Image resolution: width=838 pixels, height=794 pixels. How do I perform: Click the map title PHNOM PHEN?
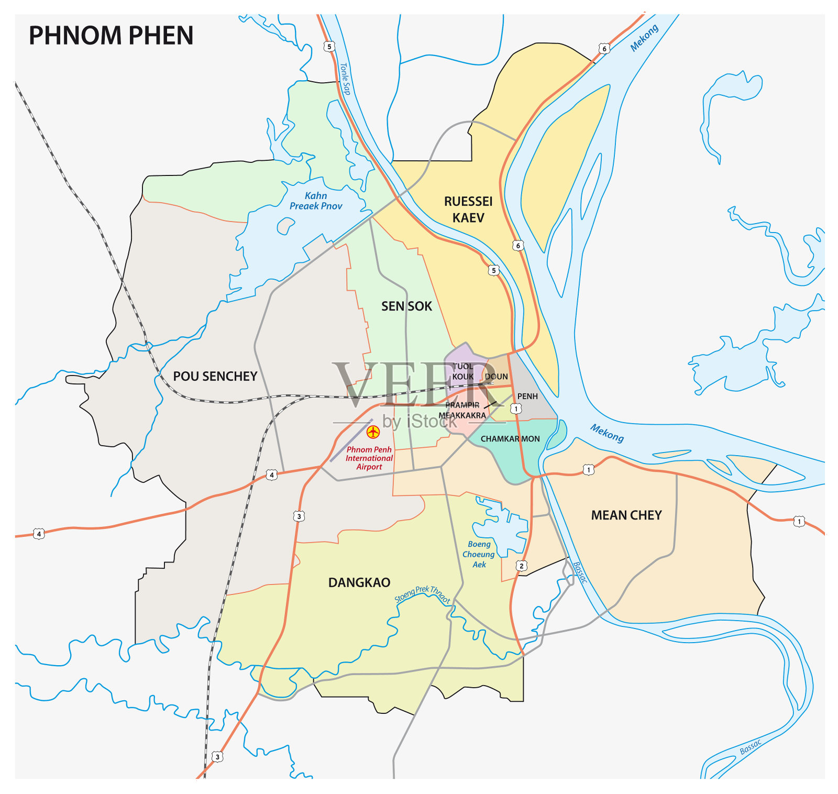(x=111, y=36)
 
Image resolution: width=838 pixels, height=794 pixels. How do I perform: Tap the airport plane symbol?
(x=373, y=432)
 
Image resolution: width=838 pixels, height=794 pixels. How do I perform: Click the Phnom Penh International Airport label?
(x=369, y=458)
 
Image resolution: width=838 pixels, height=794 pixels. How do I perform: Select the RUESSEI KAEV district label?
(x=468, y=209)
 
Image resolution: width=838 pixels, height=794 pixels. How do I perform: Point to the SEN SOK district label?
(x=406, y=306)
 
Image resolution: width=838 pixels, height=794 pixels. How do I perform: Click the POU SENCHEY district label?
(x=215, y=376)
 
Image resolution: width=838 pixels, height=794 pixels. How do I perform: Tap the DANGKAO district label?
(x=359, y=582)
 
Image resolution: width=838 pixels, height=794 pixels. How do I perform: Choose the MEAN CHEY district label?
(x=626, y=515)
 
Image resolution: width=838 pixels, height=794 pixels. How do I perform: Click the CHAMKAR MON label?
(x=510, y=439)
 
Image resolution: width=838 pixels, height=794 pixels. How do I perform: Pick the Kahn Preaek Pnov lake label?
(x=316, y=201)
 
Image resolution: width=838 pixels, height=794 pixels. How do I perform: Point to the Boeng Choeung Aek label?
(x=479, y=554)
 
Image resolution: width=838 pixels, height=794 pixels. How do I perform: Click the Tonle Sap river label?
(x=345, y=79)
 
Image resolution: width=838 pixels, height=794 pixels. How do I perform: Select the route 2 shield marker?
(x=521, y=566)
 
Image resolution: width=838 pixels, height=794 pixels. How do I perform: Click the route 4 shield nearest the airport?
(x=271, y=475)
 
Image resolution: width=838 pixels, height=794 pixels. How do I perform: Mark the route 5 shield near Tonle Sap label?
(x=329, y=47)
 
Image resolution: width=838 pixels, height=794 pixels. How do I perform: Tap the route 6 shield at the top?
(x=604, y=49)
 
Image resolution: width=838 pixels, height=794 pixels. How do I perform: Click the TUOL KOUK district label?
(x=463, y=371)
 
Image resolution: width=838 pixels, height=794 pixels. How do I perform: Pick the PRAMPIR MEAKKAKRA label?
(x=462, y=410)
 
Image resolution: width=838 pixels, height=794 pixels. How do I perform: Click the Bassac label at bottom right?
(x=750, y=747)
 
